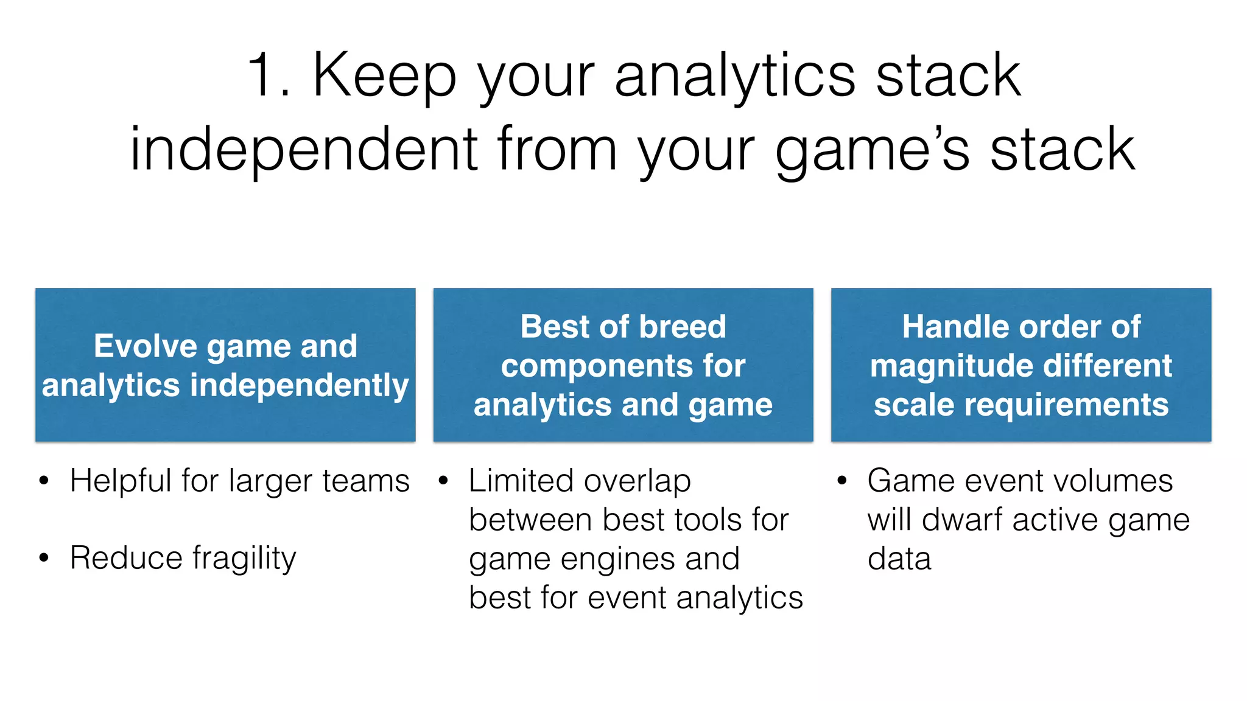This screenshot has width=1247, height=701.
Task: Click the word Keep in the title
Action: coord(384,75)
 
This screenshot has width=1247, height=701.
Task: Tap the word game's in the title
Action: coord(872,149)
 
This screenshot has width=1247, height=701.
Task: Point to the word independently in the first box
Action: coord(299,386)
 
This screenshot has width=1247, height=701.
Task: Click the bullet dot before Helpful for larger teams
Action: coord(43,481)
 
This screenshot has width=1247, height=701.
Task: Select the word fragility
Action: coord(244,558)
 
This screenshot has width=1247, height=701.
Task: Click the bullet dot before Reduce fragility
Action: coord(43,558)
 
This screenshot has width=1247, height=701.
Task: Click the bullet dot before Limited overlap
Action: coord(443,481)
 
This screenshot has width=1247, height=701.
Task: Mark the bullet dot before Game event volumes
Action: coord(841,481)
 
